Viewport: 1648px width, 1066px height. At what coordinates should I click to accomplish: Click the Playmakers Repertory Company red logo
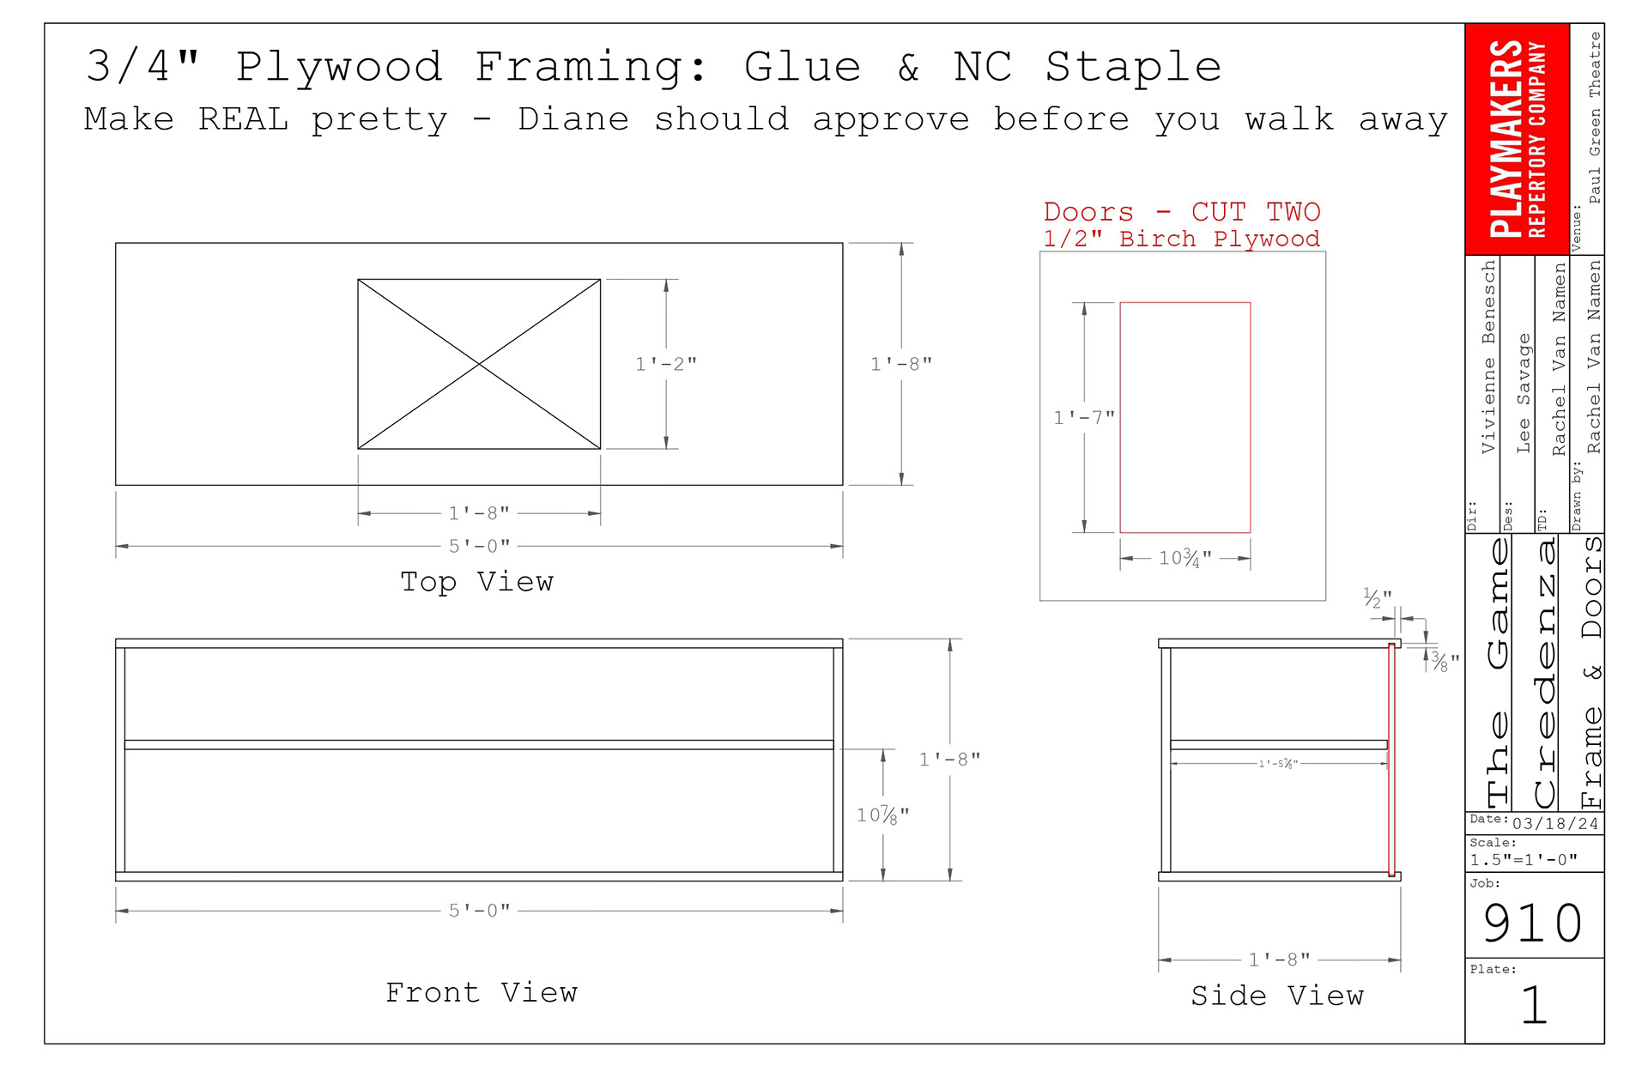pos(1517,139)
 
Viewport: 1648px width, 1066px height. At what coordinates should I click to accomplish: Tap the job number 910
pos(1533,924)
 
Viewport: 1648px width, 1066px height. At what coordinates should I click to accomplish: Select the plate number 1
pos(1534,1005)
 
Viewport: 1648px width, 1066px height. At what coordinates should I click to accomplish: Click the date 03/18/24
pos(1555,824)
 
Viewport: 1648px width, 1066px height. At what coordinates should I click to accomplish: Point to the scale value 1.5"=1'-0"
pos(1524,860)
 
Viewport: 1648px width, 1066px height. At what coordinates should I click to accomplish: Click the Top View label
pos(477,582)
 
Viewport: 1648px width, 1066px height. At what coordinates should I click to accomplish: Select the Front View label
pos(482,993)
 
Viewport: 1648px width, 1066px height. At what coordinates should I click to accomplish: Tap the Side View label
pos(1277,996)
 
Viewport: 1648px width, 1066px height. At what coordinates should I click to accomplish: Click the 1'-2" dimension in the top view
pos(666,364)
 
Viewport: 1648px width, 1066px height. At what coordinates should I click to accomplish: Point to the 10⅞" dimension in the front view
pos(882,815)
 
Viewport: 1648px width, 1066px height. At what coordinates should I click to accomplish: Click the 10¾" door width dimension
pos(1185,559)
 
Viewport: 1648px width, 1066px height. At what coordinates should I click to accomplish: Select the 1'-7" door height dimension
pos(1084,418)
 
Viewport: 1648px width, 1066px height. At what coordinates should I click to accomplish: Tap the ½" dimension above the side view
pos(1377,597)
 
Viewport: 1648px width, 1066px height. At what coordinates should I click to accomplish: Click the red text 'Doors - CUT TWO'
pos(1181,212)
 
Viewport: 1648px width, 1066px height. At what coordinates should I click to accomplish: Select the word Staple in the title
pos(1133,67)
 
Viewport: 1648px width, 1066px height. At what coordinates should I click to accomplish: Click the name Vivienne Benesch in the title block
pos(1488,357)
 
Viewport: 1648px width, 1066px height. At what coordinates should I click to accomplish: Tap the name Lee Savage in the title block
pos(1524,393)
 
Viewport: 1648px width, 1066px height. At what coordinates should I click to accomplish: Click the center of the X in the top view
pos(479,364)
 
